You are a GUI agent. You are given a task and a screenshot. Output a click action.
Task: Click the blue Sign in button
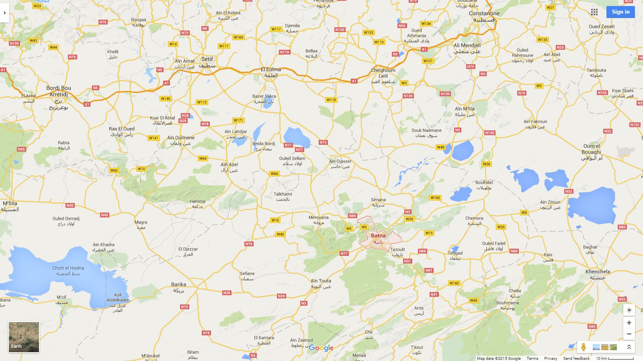pyautogui.click(x=620, y=12)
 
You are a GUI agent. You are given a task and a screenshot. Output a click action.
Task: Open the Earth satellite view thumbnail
pyautogui.click(x=24, y=337)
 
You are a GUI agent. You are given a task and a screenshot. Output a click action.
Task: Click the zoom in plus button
pyautogui.click(x=629, y=322)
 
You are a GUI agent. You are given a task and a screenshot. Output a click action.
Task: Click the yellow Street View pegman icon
pyautogui.click(x=583, y=347)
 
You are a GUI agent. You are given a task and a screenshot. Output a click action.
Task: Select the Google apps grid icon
pyautogui.click(x=594, y=12)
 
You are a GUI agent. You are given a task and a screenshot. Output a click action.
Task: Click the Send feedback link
pyautogui.click(x=576, y=358)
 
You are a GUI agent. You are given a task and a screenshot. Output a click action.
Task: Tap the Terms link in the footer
pyautogui.click(x=532, y=358)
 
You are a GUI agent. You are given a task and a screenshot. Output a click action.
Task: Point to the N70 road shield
pyautogui.click(x=184, y=307)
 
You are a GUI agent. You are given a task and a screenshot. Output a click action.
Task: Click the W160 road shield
pyautogui.click(x=454, y=283)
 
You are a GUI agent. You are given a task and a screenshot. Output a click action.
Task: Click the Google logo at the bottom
pyautogui.click(x=321, y=348)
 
